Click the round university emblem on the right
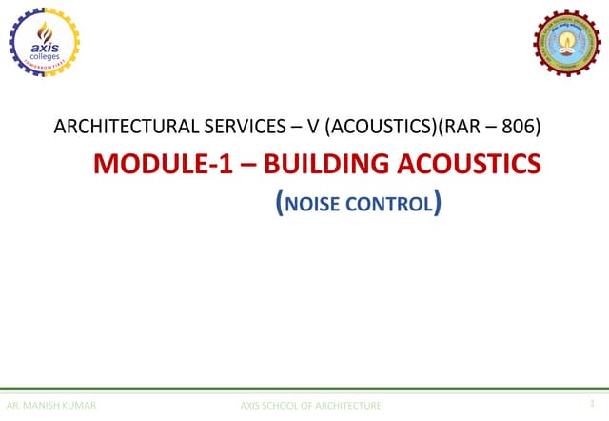tap(566, 42)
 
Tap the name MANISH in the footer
tap(47, 406)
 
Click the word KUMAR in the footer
tap(80, 406)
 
